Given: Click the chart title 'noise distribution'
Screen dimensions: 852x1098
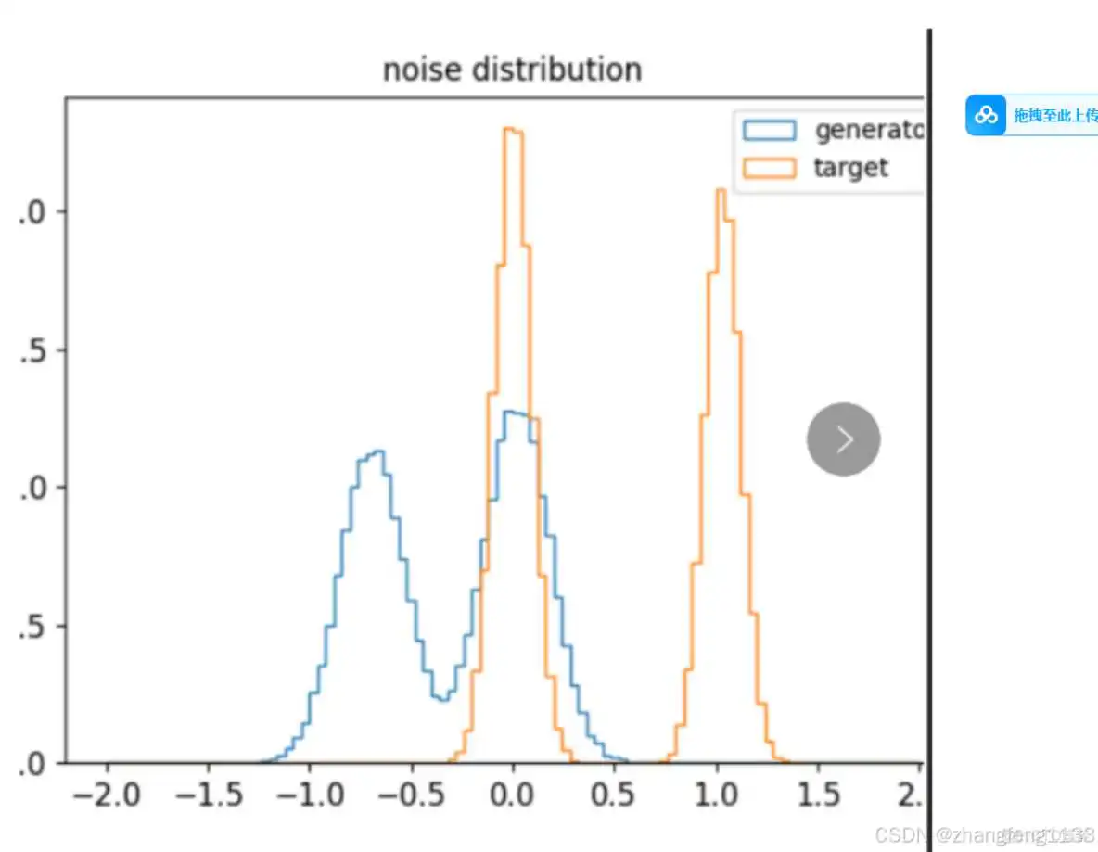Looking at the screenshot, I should coord(512,70).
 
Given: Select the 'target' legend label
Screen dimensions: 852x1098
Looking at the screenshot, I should coord(850,168).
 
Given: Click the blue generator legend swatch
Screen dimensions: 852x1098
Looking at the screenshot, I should coord(769,131).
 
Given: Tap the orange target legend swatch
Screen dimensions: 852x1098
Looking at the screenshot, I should coord(769,168).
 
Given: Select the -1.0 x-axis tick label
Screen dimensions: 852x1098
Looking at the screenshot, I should coord(309,795).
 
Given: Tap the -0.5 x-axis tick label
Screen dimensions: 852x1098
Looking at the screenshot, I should coord(410,795).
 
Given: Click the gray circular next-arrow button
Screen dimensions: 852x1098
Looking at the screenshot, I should coord(843,439).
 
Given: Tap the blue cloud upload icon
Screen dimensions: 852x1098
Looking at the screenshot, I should coord(986,116).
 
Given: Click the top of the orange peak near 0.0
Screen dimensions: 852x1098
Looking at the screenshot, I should coord(513,129).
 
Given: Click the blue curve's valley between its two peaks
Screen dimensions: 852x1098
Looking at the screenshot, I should coord(444,699).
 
